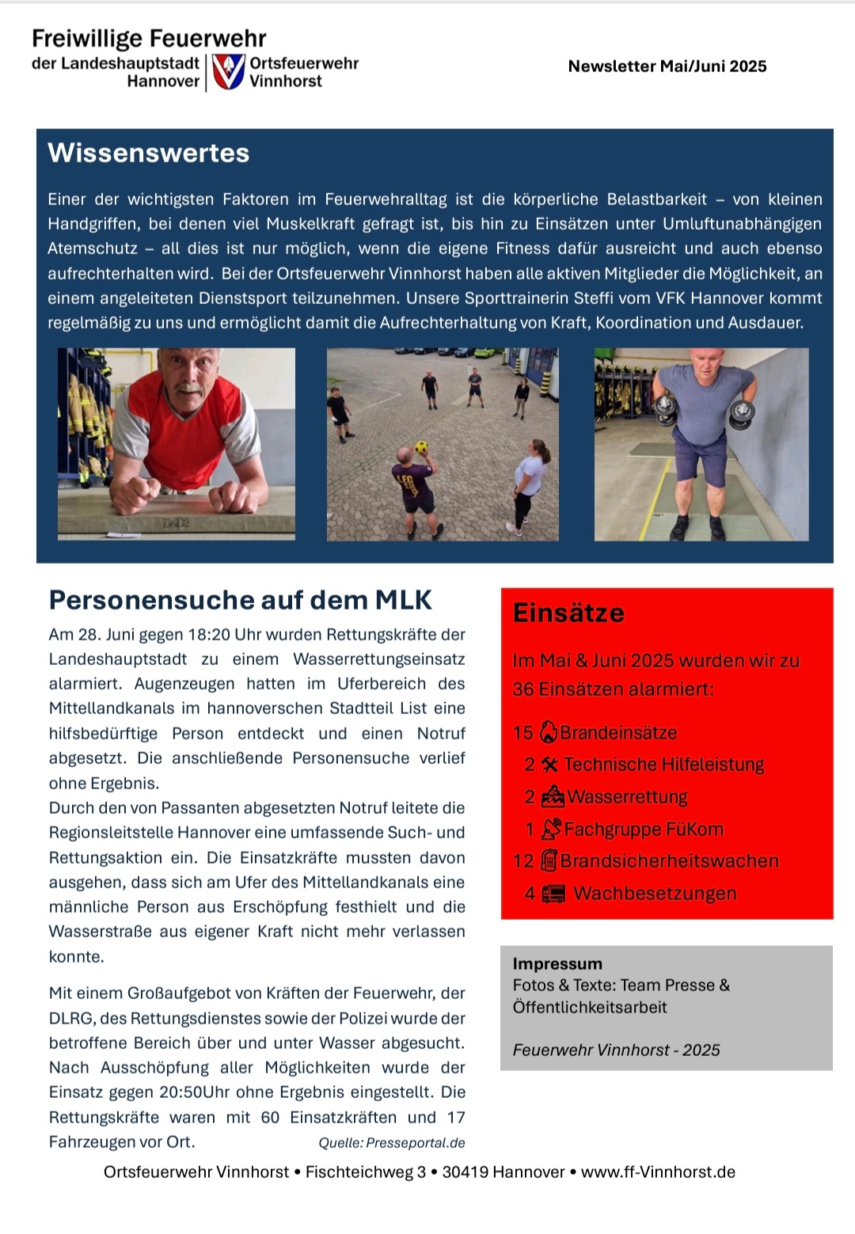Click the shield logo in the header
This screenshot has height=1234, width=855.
[x=229, y=72]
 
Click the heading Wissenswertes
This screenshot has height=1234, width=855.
[x=149, y=153]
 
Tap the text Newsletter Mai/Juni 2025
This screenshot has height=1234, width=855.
[x=667, y=66]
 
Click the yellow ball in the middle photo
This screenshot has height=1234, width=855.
[x=422, y=446]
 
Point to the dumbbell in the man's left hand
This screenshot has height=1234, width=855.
[x=743, y=412]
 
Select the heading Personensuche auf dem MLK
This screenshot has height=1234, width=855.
[x=241, y=600]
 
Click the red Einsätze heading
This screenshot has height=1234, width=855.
[x=568, y=613]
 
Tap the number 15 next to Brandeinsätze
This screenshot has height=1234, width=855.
[x=522, y=733]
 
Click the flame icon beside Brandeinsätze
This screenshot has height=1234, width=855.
[x=548, y=733]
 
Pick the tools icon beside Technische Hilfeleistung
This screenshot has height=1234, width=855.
[x=550, y=765]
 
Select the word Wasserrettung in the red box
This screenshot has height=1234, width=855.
[x=627, y=797]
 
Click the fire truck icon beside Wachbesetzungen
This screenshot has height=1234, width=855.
[x=553, y=894]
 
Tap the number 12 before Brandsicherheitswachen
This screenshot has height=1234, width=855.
[x=522, y=861]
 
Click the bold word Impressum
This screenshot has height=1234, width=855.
[x=557, y=964]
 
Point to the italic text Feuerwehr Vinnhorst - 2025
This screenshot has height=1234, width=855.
[x=616, y=1050]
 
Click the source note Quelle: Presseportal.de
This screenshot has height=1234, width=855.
[x=392, y=1143]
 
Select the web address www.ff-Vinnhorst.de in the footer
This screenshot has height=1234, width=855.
[x=658, y=1172]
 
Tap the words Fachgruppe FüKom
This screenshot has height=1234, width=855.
[x=644, y=830]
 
